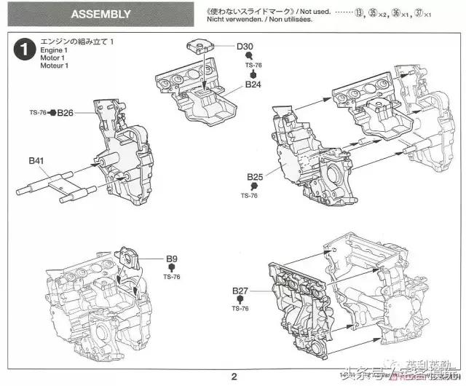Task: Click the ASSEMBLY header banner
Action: pyautogui.click(x=102, y=14)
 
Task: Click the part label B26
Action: pyautogui.click(x=66, y=113)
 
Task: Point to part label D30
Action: pyautogui.click(x=245, y=46)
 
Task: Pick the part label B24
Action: pyautogui.click(x=253, y=84)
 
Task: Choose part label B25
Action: pyautogui.click(x=254, y=177)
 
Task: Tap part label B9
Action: pyautogui.click(x=172, y=259)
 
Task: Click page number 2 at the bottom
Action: pyautogui.click(x=234, y=377)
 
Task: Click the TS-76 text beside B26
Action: pyautogui.click(x=38, y=113)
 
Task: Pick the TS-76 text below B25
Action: pyautogui.click(x=249, y=196)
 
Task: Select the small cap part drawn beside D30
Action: pyautogui.click(x=201, y=47)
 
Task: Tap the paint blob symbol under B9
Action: pyautogui.click(x=172, y=268)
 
